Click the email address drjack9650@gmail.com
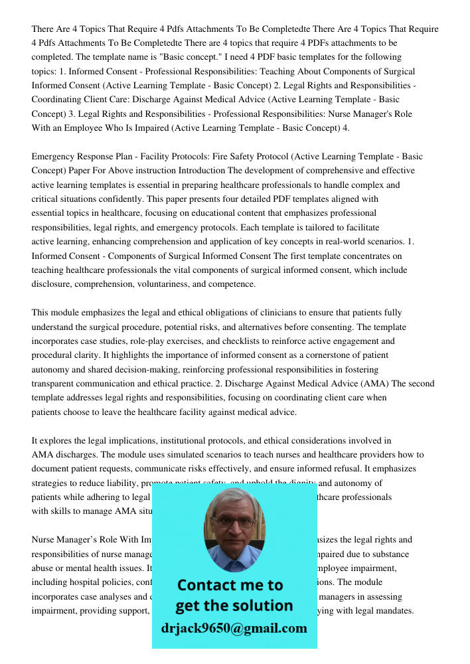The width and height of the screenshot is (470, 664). click(x=234, y=628)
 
